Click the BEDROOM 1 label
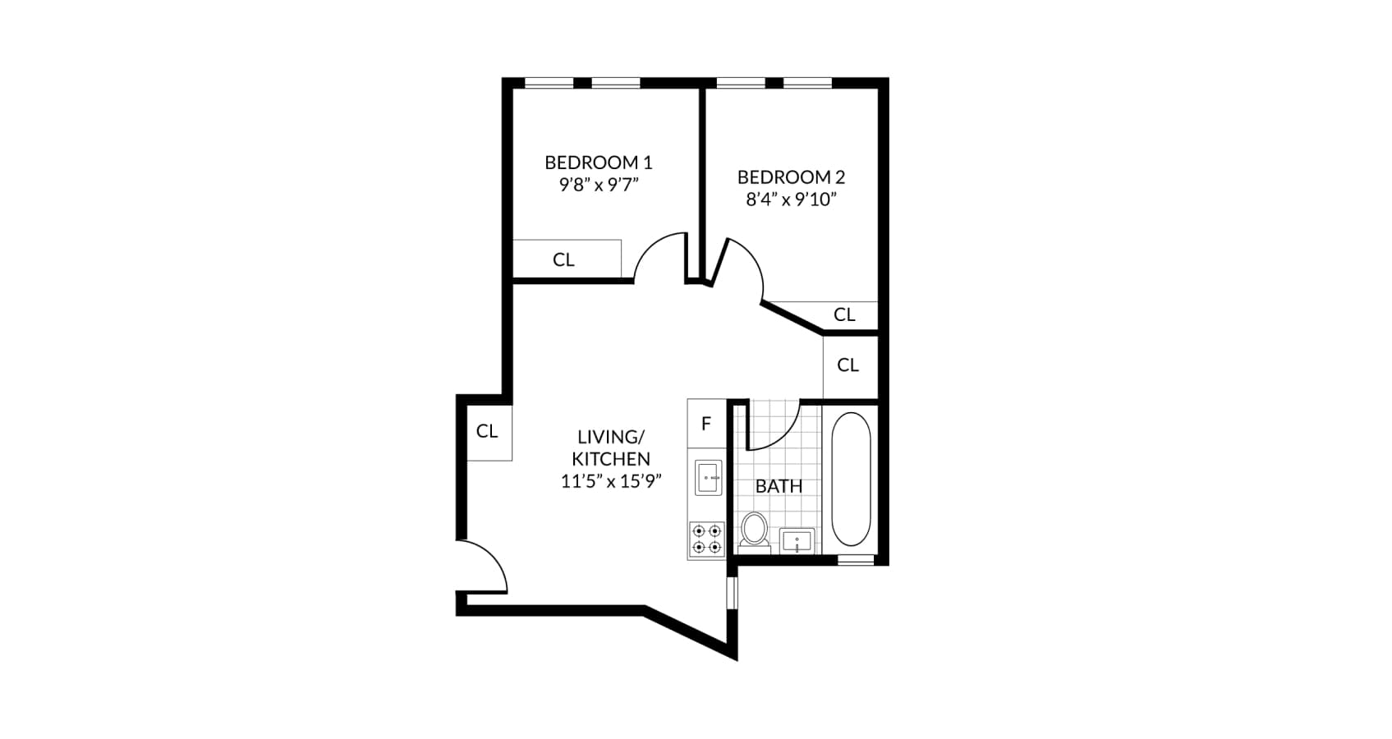(598, 163)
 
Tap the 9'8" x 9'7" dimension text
(598, 185)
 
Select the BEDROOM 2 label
(790, 177)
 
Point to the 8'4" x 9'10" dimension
(790, 200)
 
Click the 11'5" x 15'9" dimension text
(611, 481)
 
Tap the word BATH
(779, 486)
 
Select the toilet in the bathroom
(753, 530)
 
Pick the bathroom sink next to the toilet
(797, 541)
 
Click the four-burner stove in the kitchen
(706, 539)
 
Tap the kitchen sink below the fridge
(708, 477)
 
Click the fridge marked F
(706, 424)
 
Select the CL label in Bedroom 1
(563, 259)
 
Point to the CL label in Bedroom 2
(844, 314)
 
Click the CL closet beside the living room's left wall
(487, 431)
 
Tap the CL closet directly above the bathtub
(848, 365)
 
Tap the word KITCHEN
(611, 459)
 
